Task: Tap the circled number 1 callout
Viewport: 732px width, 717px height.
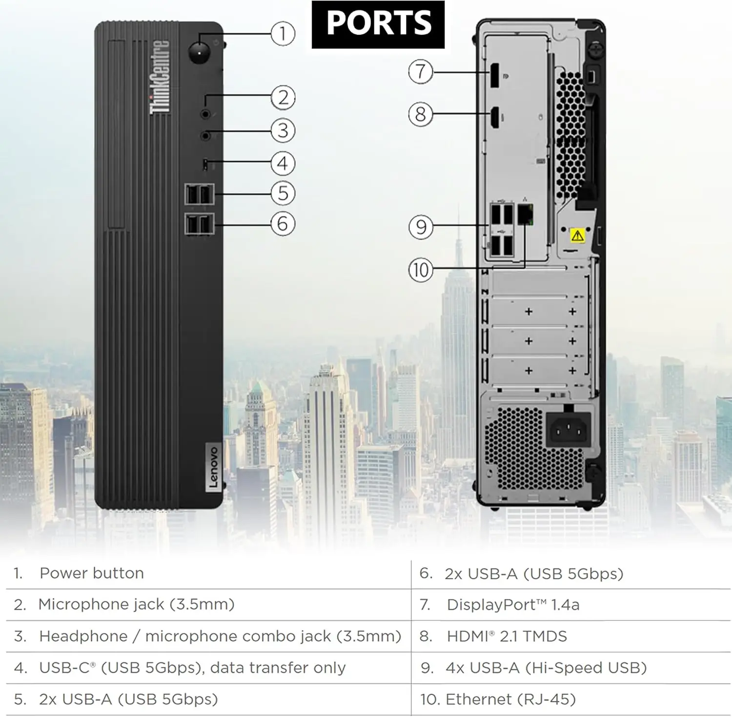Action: tap(283, 34)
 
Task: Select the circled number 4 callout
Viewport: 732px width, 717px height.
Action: tap(283, 163)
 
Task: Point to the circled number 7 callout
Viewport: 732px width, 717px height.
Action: tap(421, 72)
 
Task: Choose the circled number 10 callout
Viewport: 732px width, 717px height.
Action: tap(421, 270)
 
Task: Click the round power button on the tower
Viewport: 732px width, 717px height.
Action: tap(199, 52)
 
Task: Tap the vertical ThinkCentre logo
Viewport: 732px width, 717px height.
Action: tap(160, 77)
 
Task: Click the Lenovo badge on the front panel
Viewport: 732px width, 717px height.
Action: tap(213, 467)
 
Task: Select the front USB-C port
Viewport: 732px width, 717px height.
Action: tap(205, 165)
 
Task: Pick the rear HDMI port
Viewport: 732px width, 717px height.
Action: tap(495, 118)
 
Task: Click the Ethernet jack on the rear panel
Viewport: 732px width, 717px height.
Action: tap(525, 215)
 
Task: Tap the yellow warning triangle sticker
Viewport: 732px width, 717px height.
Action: tap(578, 236)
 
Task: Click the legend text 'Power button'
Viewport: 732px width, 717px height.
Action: tap(92, 573)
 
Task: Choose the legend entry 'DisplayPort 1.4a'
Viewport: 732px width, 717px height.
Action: tap(513, 605)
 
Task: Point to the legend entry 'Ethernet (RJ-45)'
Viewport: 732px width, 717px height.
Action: tap(510, 699)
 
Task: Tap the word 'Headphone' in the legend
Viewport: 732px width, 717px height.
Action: tap(83, 636)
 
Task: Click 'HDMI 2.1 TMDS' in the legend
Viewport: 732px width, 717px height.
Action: tap(507, 636)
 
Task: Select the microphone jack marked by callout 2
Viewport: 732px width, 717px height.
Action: tap(205, 114)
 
